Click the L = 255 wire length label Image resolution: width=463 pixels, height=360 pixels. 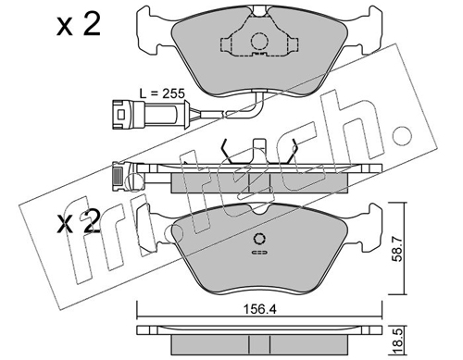pyautogui.click(x=162, y=93)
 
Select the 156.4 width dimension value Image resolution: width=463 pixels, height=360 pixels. pyautogui.click(x=259, y=309)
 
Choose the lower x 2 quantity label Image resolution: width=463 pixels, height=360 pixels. pyautogui.click(x=79, y=222)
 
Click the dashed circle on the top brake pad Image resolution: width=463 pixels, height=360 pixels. pyautogui.click(x=258, y=42)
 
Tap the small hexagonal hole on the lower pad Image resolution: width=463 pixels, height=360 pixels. pyautogui.click(x=259, y=239)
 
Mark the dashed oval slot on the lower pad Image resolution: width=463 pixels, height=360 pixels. pyautogui.click(x=260, y=253)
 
